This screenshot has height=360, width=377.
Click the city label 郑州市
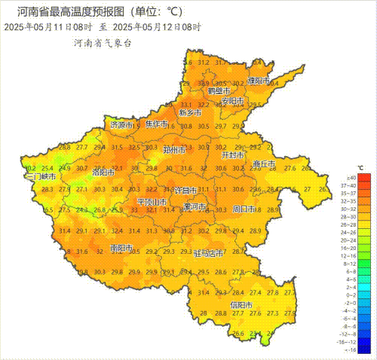tap(175, 149)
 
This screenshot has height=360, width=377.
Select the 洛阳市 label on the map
tap(103, 172)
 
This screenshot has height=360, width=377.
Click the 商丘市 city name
tap(263, 164)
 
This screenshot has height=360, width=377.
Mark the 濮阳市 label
tap(259, 81)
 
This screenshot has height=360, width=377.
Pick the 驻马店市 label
tap(209, 253)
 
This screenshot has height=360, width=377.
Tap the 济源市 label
tap(121, 125)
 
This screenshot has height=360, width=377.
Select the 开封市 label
tap(232, 154)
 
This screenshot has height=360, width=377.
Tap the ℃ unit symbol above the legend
tap(360, 168)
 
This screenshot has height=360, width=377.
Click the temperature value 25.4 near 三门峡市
tap(48, 168)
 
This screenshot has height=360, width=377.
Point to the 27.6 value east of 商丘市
tap(291, 169)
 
